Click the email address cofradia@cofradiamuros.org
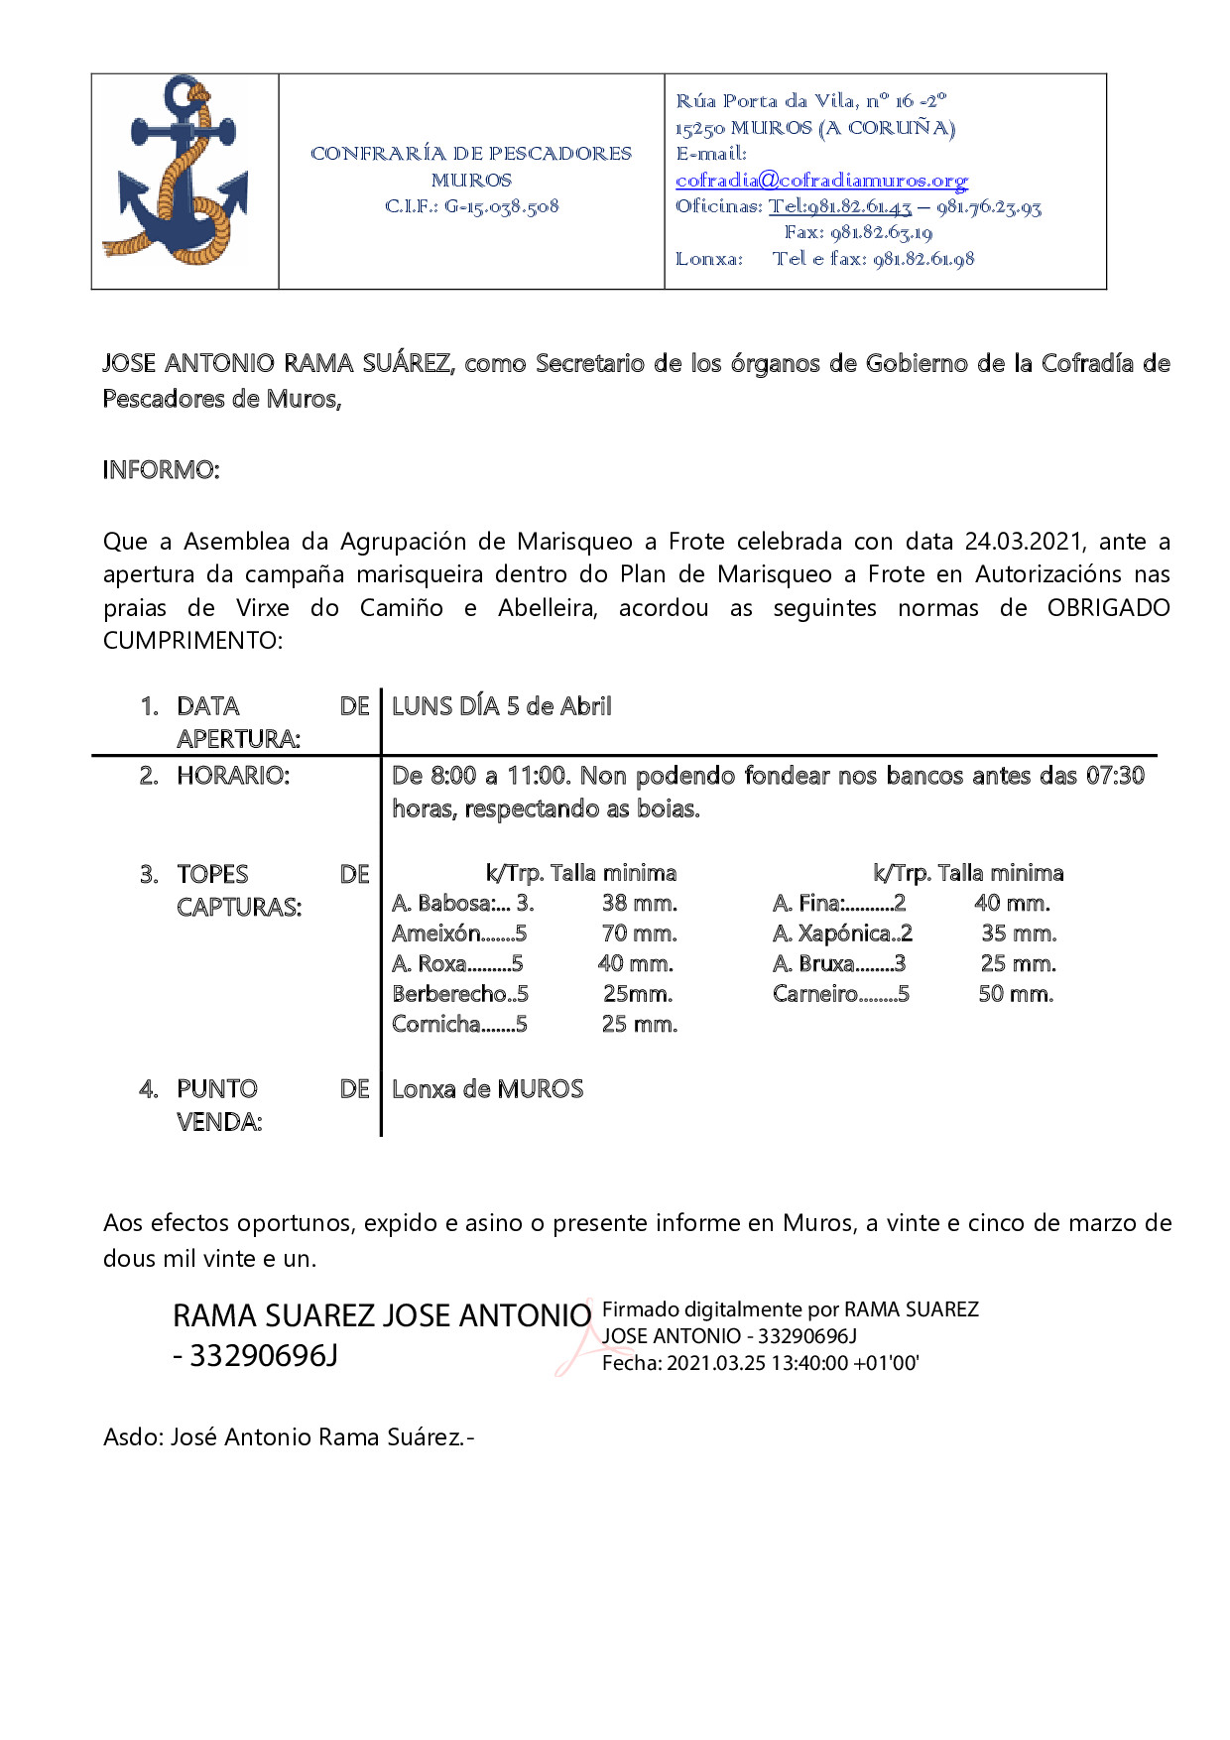tap(821, 180)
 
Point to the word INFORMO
tap(161, 469)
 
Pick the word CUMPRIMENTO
tap(192, 640)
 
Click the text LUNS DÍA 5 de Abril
tap(501, 706)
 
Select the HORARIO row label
tap(233, 776)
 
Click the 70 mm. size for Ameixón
tap(639, 933)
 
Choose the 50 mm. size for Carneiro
tap(1016, 994)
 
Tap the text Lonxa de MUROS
tap(487, 1089)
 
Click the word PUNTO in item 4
tap(216, 1089)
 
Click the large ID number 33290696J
tap(263, 1355)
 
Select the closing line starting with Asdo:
tap(289, 1436)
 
